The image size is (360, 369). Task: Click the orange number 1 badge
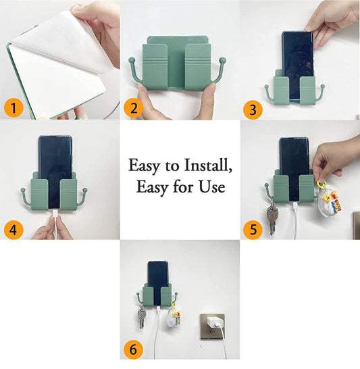(14, 107)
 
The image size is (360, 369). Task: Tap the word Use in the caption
(210, 187)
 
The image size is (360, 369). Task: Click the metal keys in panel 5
(272, 218)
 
